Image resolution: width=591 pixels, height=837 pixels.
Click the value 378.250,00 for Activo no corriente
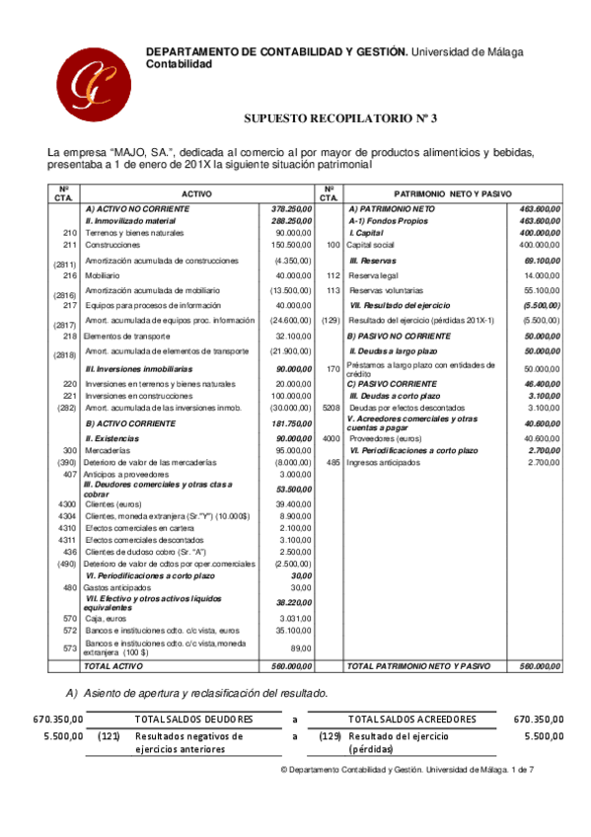coord(292,210)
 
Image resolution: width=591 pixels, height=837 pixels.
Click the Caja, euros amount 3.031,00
coord(295,618)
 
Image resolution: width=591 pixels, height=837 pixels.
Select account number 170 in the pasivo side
coord(332,368)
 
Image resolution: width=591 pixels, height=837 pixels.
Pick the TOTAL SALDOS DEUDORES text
coord(193,720)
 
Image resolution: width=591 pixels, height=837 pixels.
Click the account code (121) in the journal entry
coord(110,736)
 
